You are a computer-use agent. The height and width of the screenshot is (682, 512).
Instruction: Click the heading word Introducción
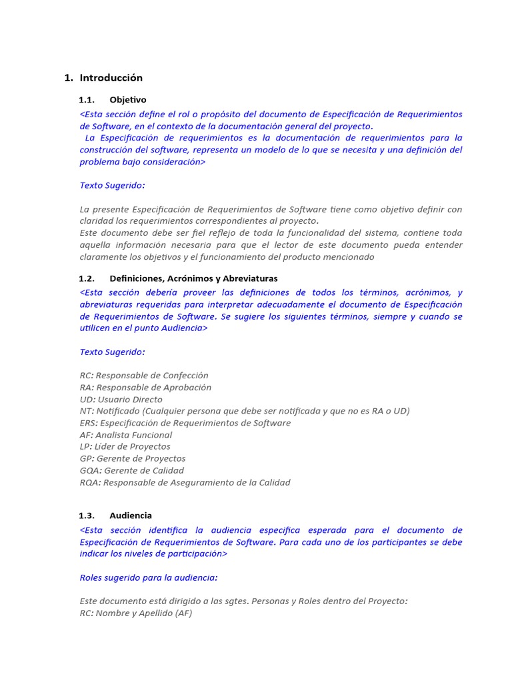[x=111, y=78]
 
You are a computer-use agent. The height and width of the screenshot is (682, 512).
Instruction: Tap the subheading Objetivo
[x=128, y=100]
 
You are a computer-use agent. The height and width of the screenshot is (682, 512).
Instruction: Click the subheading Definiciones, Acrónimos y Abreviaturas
[x=193, y=278]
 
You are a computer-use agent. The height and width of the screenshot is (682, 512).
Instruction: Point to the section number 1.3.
[x=87, y=515]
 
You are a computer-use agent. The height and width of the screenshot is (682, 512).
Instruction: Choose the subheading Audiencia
[x=131, y=515]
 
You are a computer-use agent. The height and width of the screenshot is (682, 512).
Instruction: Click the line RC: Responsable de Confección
[x=144, y=376]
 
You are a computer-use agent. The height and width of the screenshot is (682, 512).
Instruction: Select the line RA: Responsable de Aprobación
[x=145, y=388]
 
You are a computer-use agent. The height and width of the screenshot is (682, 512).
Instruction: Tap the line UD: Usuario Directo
[x=121, y=400]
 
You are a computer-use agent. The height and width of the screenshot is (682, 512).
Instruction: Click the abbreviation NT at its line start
[x=86, y=411]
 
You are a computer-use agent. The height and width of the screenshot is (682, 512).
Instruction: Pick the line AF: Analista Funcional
[x=126, y=435]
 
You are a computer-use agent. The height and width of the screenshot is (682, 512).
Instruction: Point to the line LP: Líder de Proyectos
[x=125, y=447]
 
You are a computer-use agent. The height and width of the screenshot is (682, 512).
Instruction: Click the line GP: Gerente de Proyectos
[x=133, y=459]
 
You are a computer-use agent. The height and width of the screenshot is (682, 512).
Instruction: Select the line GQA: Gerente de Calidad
[x=131, y=471]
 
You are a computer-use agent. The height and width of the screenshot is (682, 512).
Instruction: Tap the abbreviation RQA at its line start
[x=89, y=483]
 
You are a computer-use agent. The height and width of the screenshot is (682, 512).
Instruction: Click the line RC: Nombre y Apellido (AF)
[x=136, y=613]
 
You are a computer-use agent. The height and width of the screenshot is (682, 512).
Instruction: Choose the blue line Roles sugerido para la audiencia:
[x=149, y=577]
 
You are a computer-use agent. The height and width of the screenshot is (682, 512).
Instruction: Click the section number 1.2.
[x=87, y=278]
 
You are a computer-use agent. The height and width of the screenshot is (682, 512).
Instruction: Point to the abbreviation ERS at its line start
[x=88, y=423]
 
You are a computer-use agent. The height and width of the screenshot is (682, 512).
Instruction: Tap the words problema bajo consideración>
[x=143, y=162]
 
